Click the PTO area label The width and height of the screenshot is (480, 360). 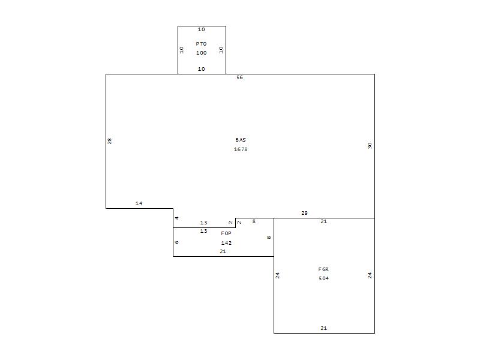201,44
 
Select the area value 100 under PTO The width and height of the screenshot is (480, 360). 201,53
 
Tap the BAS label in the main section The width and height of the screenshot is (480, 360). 241,140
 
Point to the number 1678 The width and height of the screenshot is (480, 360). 241,149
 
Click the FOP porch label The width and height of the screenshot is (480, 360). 226,233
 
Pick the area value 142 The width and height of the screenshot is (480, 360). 226,243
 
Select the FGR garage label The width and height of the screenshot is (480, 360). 323,269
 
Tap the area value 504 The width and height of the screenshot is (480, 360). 323,278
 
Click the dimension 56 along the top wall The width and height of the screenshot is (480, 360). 239,77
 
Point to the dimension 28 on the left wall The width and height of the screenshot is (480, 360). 109,141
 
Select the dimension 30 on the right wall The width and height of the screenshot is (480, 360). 370,145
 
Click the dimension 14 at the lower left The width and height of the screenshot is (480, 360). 139,203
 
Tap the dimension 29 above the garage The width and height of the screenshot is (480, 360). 304,213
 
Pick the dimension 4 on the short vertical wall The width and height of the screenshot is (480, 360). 176,218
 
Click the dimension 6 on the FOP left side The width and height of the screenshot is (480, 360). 176,242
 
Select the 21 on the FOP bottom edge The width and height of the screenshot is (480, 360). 223,251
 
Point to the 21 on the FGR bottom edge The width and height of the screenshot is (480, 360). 323,328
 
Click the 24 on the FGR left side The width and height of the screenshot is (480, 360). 277,275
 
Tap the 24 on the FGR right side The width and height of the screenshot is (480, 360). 370,275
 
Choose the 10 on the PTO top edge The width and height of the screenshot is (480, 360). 201,29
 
